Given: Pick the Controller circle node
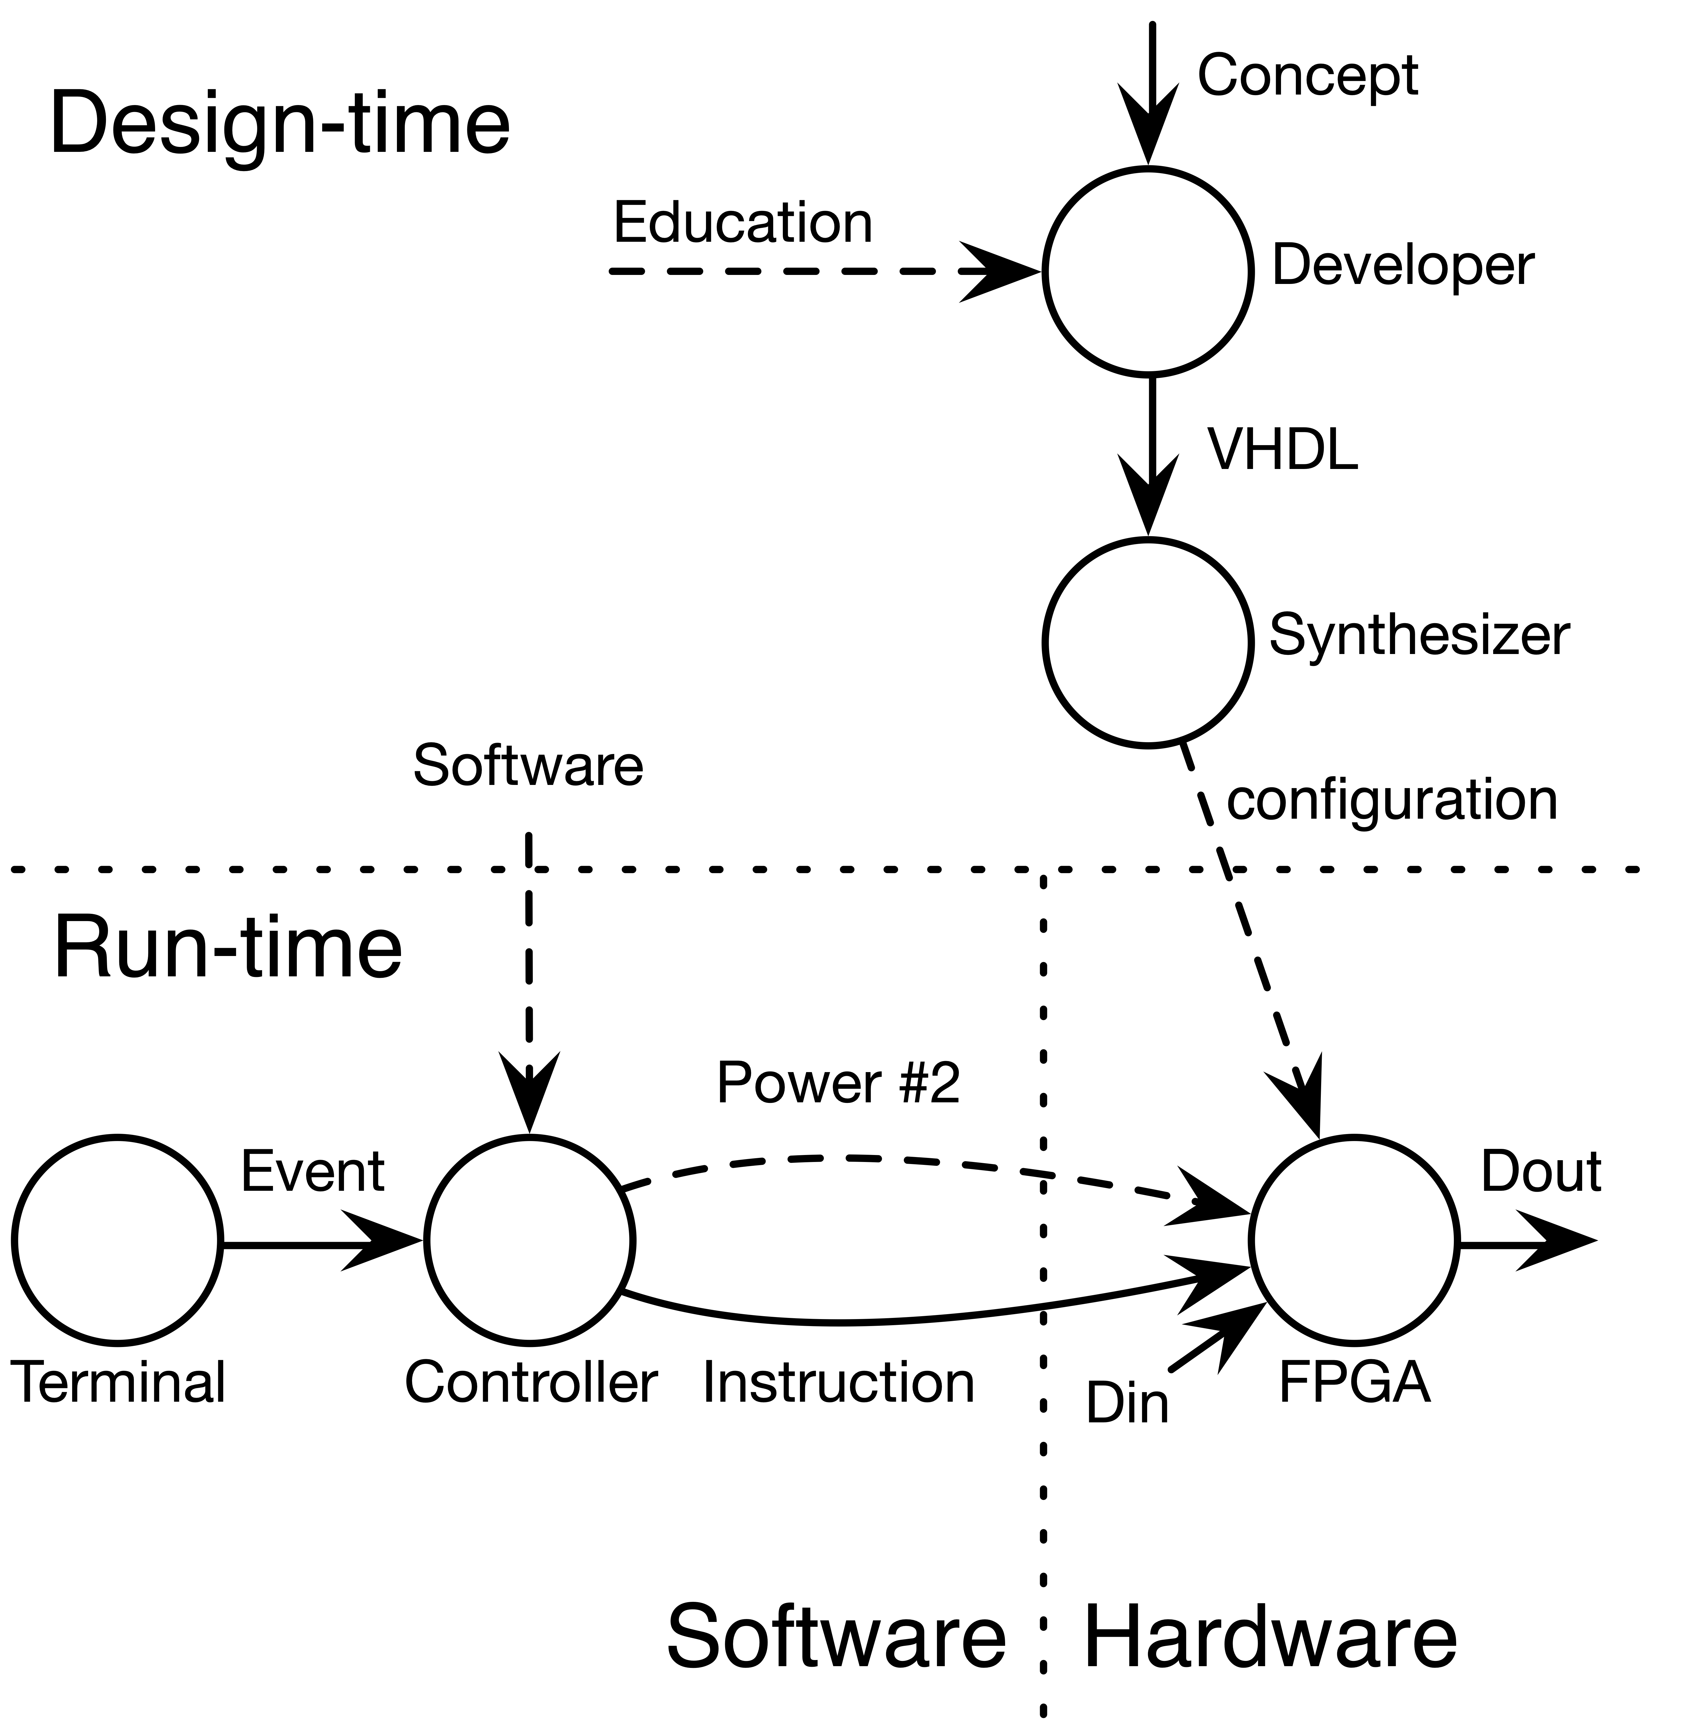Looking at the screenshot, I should pos(529,1241).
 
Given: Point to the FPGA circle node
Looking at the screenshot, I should pos(1353,1241).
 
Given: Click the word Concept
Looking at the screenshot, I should pos(1307,77).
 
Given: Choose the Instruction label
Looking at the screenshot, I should pos(838,1383).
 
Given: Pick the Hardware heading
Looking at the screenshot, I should pos(1270,1637).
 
